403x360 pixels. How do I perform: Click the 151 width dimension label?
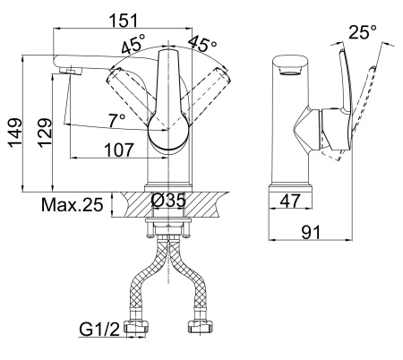(124, 21)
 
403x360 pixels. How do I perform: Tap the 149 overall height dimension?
(15, 133)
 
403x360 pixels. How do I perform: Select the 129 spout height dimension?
(45, 133)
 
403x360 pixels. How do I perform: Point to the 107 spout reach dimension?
(119, 150)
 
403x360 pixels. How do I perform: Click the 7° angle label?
(117, 121)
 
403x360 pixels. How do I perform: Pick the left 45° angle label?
(133, 44)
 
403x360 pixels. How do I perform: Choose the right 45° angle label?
(203, 44)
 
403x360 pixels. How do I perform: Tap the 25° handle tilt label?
(363, 32)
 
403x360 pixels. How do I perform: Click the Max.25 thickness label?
(73, 205)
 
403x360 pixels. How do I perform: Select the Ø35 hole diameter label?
(168, 200)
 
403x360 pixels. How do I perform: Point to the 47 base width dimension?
(290, 201)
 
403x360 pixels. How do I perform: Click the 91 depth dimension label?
(311, 232)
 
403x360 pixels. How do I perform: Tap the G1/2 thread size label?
(99, 330)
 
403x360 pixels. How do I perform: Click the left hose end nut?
(138, 326)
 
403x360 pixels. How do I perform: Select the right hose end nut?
(201, 326)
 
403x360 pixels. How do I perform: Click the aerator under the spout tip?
(71, 71)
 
